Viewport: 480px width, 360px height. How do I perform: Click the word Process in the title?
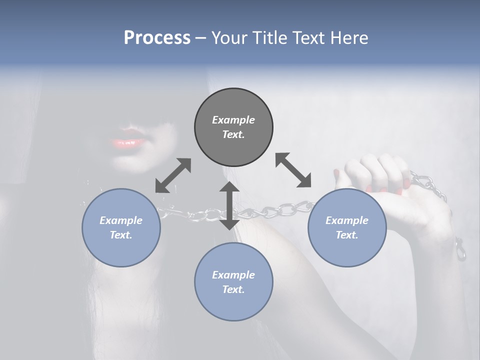[x=157, y=38]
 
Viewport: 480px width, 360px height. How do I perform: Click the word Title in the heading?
[x=269, y=38]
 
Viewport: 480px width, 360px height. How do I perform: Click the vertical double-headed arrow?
[x=229, y=205]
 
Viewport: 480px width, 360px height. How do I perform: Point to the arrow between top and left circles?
[x=173, y=175]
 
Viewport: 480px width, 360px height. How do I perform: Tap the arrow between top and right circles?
[x=293, y=170]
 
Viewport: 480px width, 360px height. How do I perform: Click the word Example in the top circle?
[x=233, y=120]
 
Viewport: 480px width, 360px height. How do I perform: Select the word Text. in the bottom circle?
[x=233, y=289]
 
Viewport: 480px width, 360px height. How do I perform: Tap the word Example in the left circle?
[x=121, y=220]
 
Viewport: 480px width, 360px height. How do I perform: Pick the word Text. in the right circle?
[x=347, y=235]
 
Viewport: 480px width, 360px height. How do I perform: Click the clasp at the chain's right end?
[x=460, y=250]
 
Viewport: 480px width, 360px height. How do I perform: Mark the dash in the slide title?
[x=200, y=38]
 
